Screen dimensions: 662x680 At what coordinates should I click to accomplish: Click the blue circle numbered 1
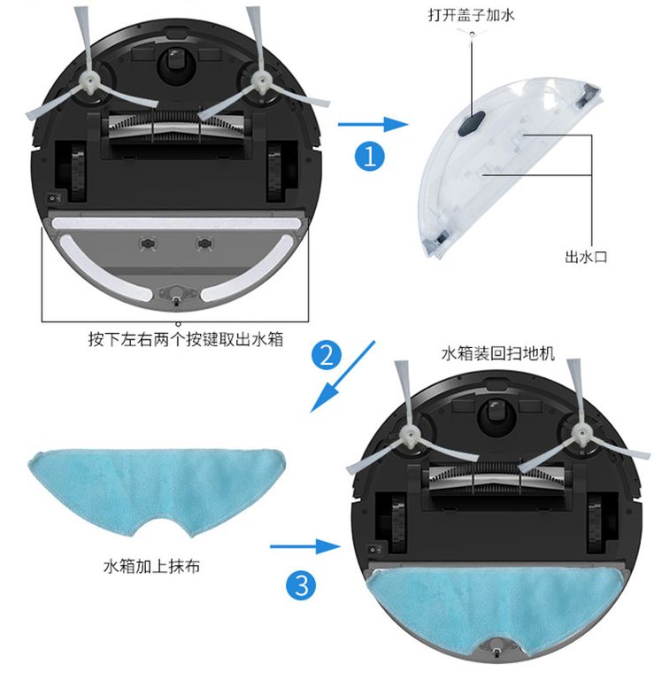pos(370,156)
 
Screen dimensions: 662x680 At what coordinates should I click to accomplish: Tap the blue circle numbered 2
pos(327,356)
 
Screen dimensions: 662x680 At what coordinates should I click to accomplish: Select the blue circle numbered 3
pos(301,585)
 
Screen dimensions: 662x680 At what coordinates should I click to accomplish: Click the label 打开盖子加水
pos(471,15)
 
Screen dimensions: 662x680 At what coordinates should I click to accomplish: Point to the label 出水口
pos(586,257)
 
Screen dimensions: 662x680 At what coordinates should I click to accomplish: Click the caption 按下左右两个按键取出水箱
pos(186,339)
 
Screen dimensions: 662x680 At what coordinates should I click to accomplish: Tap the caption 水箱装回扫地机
pos(497,353)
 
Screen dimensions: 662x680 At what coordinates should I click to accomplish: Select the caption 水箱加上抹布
pos(151,566)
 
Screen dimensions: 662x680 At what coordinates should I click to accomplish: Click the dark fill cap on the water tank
pos(471,125)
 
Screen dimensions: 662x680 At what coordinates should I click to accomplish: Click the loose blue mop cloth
pos(157,486)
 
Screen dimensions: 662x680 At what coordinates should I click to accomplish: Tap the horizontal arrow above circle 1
pos(373,125)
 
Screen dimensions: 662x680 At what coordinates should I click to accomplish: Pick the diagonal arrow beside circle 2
pos(343,376)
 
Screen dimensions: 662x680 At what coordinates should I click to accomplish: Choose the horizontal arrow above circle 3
pos(305,546)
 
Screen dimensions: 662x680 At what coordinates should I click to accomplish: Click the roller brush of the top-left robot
pos(175,127)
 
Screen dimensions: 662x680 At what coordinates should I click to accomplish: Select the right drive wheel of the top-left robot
pos(275,173)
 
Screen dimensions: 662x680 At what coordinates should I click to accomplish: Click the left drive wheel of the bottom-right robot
pos(398,524)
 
